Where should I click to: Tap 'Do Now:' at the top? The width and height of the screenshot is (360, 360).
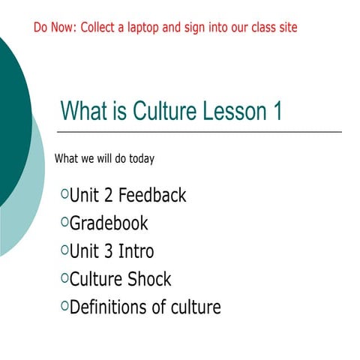tap(54, 28)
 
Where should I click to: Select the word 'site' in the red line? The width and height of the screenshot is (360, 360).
tap(286, 28)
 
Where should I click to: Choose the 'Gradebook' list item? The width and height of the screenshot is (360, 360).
tap(109, 223)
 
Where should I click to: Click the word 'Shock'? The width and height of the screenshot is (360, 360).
tap(148, 279)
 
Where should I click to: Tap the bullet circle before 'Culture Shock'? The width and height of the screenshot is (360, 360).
tap(64, 277)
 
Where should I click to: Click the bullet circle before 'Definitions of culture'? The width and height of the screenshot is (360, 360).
tap(64, 305)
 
